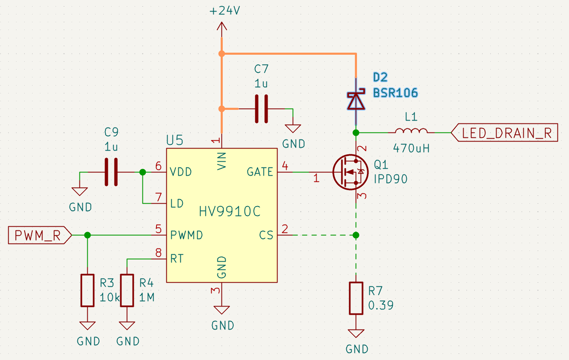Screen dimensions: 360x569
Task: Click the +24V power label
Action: tap(224, 11)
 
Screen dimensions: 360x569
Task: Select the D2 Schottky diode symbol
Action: tap(356, 101)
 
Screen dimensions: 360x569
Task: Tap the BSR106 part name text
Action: tap(395, 93)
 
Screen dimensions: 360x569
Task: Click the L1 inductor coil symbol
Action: tap(411, 131)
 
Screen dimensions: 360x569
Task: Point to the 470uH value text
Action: tap(411, 148)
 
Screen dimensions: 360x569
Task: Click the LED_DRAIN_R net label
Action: tap(506, 133)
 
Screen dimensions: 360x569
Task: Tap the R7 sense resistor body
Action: tap(356, 298)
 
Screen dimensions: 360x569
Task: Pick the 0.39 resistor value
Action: tap(381, 306)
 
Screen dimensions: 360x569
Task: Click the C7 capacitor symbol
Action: tap(261, 109)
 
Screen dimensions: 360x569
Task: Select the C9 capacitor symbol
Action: tap(111, 172)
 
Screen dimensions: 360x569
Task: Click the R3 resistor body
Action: tap(87, 290)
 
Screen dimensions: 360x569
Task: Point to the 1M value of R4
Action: tap(147, 297)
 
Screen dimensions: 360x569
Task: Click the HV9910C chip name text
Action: tap(230, 211)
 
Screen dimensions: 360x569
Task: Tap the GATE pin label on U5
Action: tap(260, 172)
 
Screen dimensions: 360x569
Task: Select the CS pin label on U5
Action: tap(266, 235)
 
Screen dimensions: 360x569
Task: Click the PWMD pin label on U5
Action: tap(187, 235)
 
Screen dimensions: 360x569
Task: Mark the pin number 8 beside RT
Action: tap(159, 253)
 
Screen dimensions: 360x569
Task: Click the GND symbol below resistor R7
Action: tap(356, 334)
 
